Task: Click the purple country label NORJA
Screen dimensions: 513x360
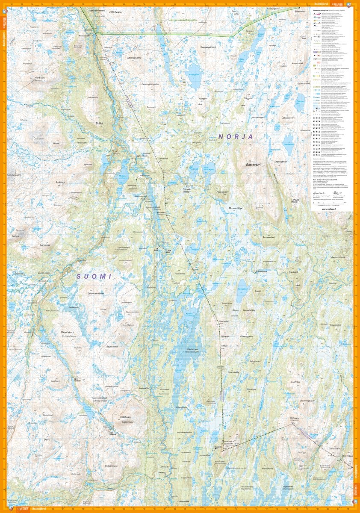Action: click(x=236, y=136)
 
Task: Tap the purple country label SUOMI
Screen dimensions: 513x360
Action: click(x=94, y=277)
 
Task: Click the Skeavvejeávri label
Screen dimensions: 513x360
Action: click(x=307, y=400)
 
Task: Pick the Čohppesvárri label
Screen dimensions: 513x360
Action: click(x=286, y=117)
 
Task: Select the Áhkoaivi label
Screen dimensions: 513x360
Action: click(x=61, y=182)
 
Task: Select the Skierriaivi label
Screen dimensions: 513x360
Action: click(x=334, y=448)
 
